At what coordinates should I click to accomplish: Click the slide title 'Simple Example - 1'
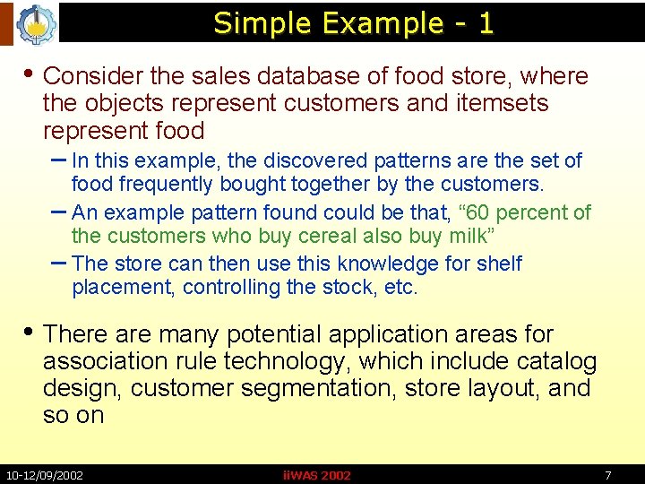tap(353, 22)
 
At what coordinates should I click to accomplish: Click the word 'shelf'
tap(498, 264)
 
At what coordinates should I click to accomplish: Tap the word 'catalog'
tap(556, 361)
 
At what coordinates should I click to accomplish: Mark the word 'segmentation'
tap(324, 388)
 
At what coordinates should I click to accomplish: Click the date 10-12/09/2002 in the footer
tap(44, 475)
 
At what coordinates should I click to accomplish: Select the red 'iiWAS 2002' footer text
tap(316, 475)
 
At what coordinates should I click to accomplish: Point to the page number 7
tap(608, 475)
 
